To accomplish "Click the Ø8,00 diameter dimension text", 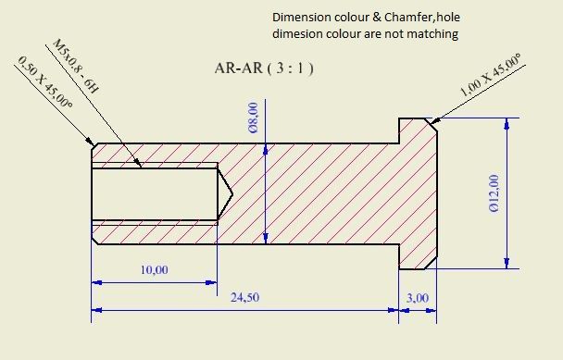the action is point(254,118).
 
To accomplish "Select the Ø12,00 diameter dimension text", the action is point(494,193).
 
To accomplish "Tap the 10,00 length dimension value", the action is point(154,269).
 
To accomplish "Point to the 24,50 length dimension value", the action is point(244,297).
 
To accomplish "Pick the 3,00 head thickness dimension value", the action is point(418,298).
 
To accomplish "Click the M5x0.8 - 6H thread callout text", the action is point(75,67).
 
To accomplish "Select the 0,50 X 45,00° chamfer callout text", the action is point(44,82).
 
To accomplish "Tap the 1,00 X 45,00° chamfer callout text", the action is point(491,75).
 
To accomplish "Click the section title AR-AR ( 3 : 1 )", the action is point(264,68).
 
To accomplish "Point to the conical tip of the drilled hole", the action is point(231,194).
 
